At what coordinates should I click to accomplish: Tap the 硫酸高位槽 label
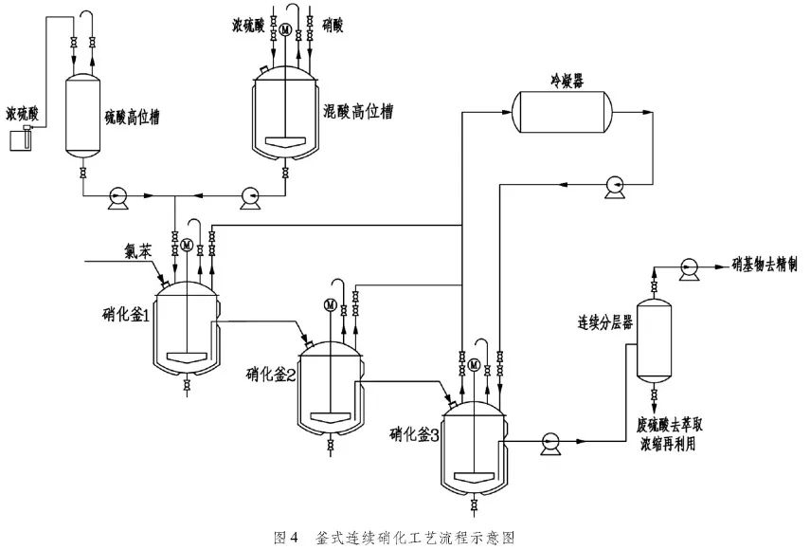[x=132, y=119]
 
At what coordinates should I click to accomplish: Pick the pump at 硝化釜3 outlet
[x=549, y=440]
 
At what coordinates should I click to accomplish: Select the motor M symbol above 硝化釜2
[x=331, y=303]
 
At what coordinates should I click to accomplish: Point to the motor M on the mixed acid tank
[x=285, y=28]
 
